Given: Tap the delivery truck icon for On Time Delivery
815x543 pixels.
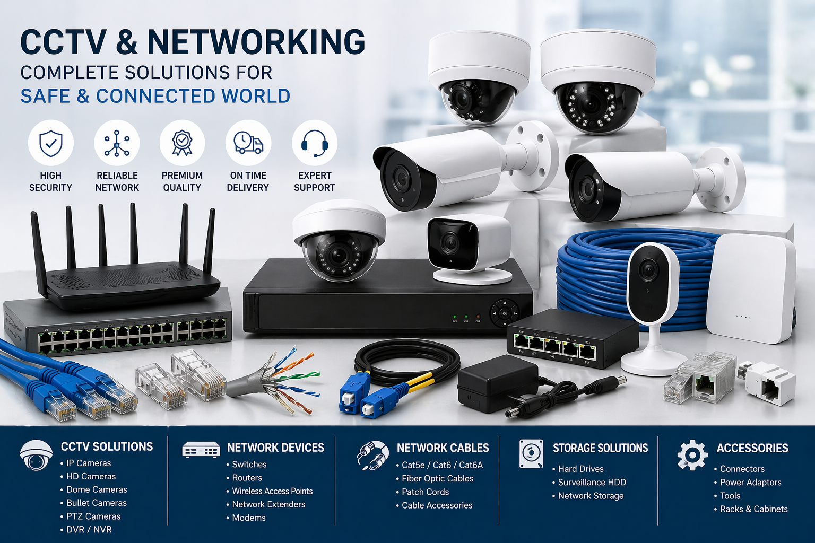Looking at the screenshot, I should (x=248, y=143).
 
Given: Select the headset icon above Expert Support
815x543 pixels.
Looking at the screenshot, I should (x=315, y=143).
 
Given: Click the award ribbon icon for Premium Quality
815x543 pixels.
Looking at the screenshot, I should (x=182, y=143).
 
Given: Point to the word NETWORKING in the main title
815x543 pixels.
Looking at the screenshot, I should (x=256, y=42).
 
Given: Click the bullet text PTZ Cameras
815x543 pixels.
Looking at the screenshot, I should (x=93, y=516).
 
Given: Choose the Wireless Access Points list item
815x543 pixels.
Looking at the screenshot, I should (x=272, y=491).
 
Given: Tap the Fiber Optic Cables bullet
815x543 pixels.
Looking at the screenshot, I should (x=437, y=478).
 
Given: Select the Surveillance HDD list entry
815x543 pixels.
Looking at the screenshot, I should (x=592, y=482).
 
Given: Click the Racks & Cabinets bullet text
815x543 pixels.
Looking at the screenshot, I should (x=753, y=509).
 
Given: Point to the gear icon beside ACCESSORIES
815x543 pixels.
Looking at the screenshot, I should (x=692, y=455).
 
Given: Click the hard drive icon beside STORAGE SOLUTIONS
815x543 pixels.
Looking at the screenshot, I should (x=531, y=454).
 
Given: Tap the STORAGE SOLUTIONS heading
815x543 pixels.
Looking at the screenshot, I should (x=600, y=448).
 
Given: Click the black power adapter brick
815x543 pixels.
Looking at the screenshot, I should (x=491, y=384).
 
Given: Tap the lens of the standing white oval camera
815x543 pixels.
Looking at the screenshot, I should (x=648, y=270).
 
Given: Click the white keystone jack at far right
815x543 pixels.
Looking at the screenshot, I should (x=769, y=383).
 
